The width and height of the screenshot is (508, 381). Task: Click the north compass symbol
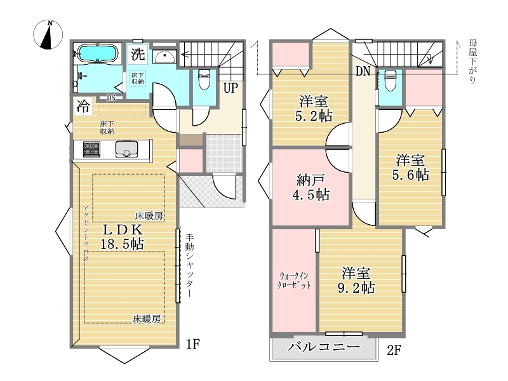(x=48, y=35)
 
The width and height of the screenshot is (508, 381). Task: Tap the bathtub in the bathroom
(x=97, y=53)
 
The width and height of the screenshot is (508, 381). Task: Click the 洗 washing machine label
(x=138, y=54)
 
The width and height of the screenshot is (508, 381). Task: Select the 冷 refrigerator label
(x=83, y=106)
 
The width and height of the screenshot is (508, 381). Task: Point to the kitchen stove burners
(x=91, y=149)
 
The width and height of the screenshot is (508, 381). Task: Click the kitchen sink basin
(x=126, y=150)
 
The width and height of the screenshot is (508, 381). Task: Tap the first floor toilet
(x=204, y=79)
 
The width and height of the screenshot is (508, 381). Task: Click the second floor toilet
(x=390, y=81)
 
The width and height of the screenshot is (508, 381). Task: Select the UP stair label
(x=231, y=88)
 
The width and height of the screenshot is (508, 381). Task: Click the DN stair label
(x=363, y=71)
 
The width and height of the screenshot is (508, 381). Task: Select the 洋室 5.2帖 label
(x=314, y=109)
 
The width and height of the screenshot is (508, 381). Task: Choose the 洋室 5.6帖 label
(x=410, y=168)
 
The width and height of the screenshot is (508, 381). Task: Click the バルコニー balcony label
(x=324, y=347)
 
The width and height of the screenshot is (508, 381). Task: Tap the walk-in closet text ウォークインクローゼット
(x=295, y=281)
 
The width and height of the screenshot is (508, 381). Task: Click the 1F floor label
(x=193, y=344)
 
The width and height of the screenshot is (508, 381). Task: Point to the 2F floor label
(x=394, y=351)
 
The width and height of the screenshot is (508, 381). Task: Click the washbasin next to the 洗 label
(x=164, y=57)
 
